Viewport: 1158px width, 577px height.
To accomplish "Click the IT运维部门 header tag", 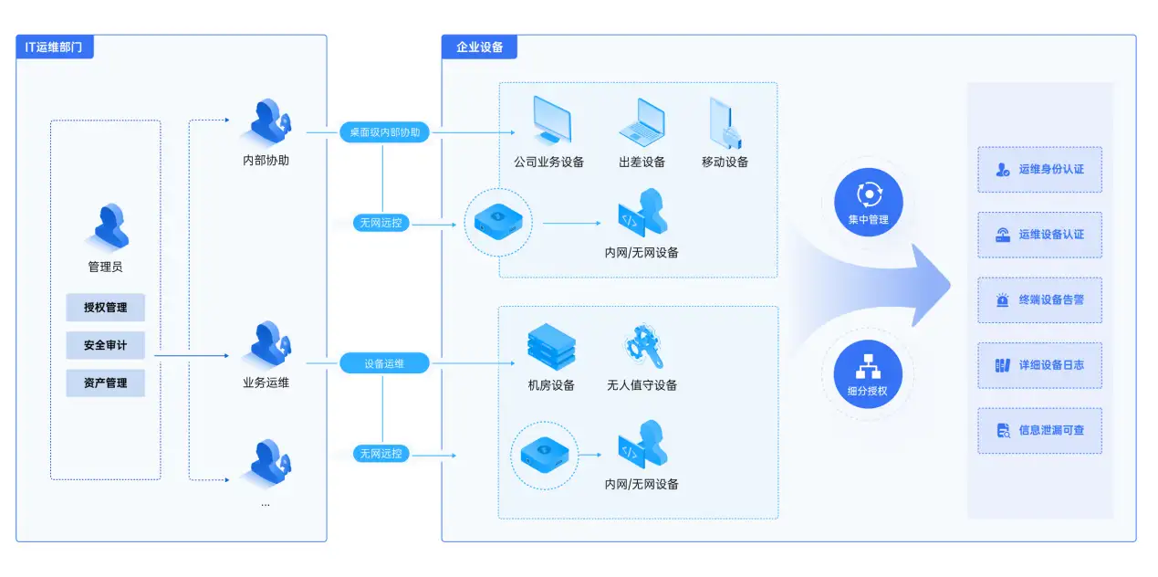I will (55, 47).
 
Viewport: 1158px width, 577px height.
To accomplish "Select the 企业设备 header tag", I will (479, 47).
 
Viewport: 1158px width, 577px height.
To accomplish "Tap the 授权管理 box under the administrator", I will (105, 308).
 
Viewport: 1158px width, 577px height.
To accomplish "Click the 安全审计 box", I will (105, 345).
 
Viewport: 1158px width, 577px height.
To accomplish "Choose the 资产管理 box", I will (105, 383).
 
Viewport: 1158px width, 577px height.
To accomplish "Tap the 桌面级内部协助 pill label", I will (385, 132).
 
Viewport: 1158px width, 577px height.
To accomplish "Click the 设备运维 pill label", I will (384, 363).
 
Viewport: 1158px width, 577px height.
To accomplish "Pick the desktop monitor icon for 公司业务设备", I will (550, 121).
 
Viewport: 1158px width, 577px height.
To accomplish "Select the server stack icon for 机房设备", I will (551, 346).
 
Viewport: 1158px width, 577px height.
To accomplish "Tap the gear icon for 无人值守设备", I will (642, 346).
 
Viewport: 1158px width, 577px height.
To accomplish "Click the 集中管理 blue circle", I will (868, 203).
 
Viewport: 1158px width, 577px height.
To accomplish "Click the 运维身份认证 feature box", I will (1039, 169).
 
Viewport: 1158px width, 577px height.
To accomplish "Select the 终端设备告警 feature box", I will (1039, 299).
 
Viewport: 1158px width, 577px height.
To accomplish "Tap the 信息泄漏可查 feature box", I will (1039, 430).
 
